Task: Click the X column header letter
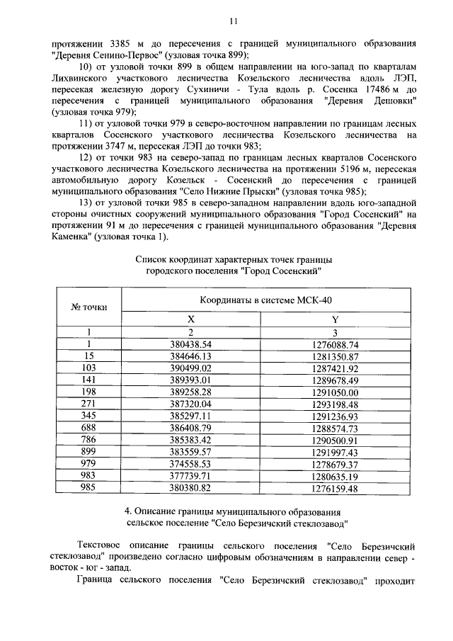pyautogui.click(x=190, y=319)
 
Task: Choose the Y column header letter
pyautogui.click(x=336, y=319)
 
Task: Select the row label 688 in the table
pyautogui.click(x=89, y=429)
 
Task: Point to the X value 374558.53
pyautogui.click(x=190, y=465)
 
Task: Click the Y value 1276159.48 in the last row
pyautogui.click(x=336, y=489)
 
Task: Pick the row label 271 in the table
pyautogui.click(x=89, y=404)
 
